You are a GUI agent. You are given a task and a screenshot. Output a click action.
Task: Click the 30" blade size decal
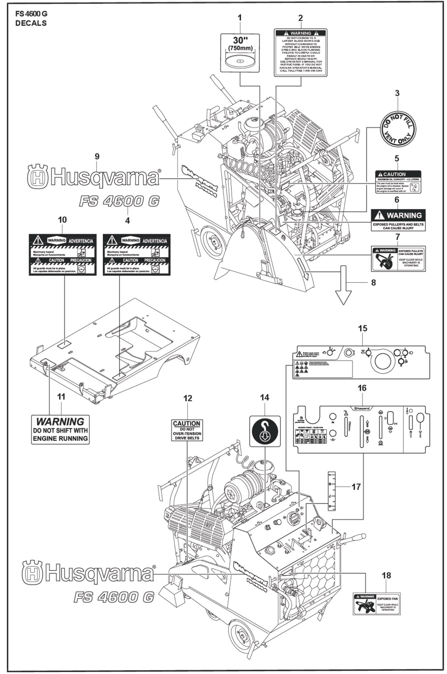click(240, 53)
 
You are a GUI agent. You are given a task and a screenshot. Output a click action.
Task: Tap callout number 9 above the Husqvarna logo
click(97, 157)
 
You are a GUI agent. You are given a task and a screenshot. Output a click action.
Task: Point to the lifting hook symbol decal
click(265, 431)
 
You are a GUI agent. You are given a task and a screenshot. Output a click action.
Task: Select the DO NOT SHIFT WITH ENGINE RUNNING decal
click(60, 430)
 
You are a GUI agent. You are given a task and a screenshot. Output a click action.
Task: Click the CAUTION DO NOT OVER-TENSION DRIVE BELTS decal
click(187, 430)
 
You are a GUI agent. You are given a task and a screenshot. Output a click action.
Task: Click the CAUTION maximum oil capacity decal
click(398, 182)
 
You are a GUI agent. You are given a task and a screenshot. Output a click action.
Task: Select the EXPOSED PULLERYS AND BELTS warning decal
click(398, 220)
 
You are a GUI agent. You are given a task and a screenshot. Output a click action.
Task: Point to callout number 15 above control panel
click(363, 328)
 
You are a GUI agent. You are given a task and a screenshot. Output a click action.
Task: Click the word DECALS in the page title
click(31, 23)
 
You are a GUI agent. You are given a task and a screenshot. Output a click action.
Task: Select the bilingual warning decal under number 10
click(62, 254)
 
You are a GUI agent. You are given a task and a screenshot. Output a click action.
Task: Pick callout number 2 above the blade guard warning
click(300, 18)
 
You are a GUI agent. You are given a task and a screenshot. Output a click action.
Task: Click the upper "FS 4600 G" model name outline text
click(119, 201)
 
